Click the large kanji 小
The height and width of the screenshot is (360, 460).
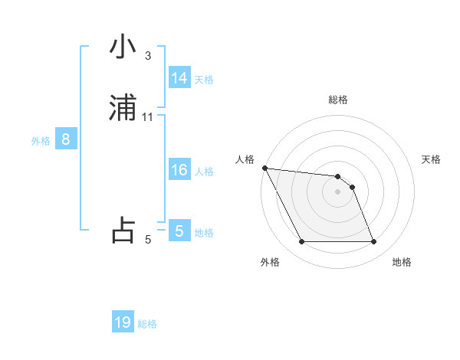click(123, 47)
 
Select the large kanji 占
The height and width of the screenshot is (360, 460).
click(123, 231)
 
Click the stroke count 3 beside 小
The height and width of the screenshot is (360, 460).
click(148, 56)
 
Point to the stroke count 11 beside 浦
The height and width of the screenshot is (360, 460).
click(148, 117)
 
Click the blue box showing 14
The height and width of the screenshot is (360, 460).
click(179, 78)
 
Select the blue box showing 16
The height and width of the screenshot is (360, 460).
click(179, 170)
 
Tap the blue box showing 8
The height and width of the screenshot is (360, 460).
click(66, 140)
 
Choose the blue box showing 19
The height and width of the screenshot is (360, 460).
click(123, 322)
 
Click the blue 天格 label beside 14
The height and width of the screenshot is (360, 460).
click(204, 80)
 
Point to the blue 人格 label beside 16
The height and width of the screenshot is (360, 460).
click(204, 172)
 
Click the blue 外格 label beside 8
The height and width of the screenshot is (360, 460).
click(41, 141)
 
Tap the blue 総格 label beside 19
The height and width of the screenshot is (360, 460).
click(147, 324)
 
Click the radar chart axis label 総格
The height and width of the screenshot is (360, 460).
click(338, 100)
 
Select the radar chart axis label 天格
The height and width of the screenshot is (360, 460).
click(432, 159)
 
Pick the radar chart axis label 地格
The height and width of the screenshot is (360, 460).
click(402, 262)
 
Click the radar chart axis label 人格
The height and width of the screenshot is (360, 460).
click(245, 159)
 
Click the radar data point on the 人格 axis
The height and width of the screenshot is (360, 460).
click(264, 168)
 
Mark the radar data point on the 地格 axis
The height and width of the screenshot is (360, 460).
click(373, 242)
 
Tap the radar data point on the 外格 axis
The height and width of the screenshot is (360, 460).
click(301, 242)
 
